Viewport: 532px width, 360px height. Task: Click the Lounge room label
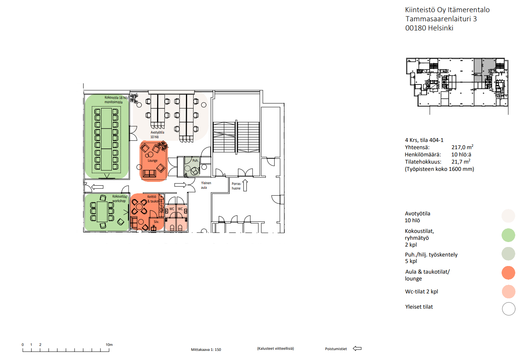[152, 161]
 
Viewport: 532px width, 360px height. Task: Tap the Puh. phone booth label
[195, 160]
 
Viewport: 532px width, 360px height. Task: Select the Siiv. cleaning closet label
[156, 222]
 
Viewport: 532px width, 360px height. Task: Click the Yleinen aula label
[206, 185]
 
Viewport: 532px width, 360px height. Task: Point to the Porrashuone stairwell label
[236, 186]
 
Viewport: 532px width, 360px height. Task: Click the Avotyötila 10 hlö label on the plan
[157, 134]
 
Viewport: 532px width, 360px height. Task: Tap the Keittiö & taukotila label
[155, 199]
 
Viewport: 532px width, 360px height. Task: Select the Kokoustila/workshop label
[120, 199]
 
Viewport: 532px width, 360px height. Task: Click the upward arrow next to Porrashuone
[245, 185]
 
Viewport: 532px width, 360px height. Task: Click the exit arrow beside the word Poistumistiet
[357, 349]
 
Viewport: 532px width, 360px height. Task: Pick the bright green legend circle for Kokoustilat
[508, 235]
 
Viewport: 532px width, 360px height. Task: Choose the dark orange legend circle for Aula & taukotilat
[508, 272]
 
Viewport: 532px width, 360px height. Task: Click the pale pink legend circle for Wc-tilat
[508, 292]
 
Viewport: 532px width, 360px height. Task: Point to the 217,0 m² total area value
[462, 147]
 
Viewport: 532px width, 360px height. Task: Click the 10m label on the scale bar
[109, 344]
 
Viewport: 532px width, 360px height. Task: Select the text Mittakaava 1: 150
[206, 350]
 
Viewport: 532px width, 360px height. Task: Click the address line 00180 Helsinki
[429, 28]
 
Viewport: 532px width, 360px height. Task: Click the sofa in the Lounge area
[149, 174]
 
